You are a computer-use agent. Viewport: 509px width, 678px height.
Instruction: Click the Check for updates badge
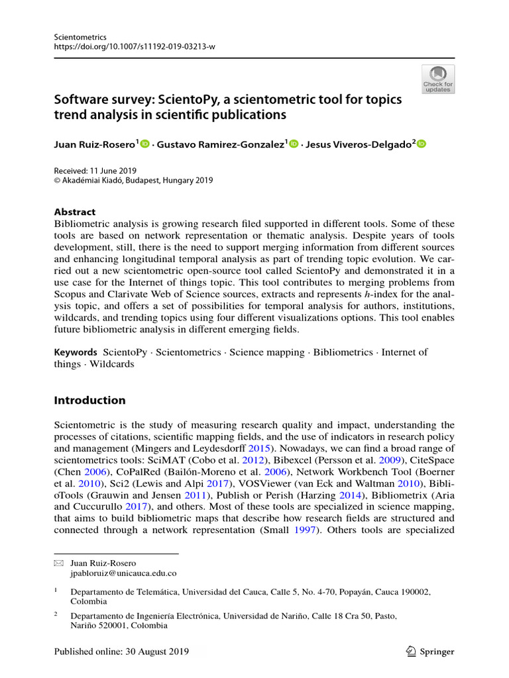[438, 79]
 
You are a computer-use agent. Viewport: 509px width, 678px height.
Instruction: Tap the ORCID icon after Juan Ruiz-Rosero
[145, 144]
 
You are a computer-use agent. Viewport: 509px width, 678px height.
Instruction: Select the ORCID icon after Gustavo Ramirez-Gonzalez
[294, 144]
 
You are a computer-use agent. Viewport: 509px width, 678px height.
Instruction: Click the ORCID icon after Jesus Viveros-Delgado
[422, 144]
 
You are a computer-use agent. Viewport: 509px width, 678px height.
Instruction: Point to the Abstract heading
[74, 212]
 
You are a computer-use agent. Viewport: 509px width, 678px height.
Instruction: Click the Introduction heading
[89, 400]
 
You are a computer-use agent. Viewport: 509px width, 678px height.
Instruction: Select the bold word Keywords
[76, 352]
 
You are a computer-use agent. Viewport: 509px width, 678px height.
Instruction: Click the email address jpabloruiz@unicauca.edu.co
[123, 573]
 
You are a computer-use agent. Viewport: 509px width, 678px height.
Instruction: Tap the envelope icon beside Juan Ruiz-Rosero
[58, 562]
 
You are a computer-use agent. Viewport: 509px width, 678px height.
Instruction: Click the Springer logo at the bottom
[430, 652]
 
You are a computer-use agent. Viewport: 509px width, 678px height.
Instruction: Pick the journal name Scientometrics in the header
[78, 36]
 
